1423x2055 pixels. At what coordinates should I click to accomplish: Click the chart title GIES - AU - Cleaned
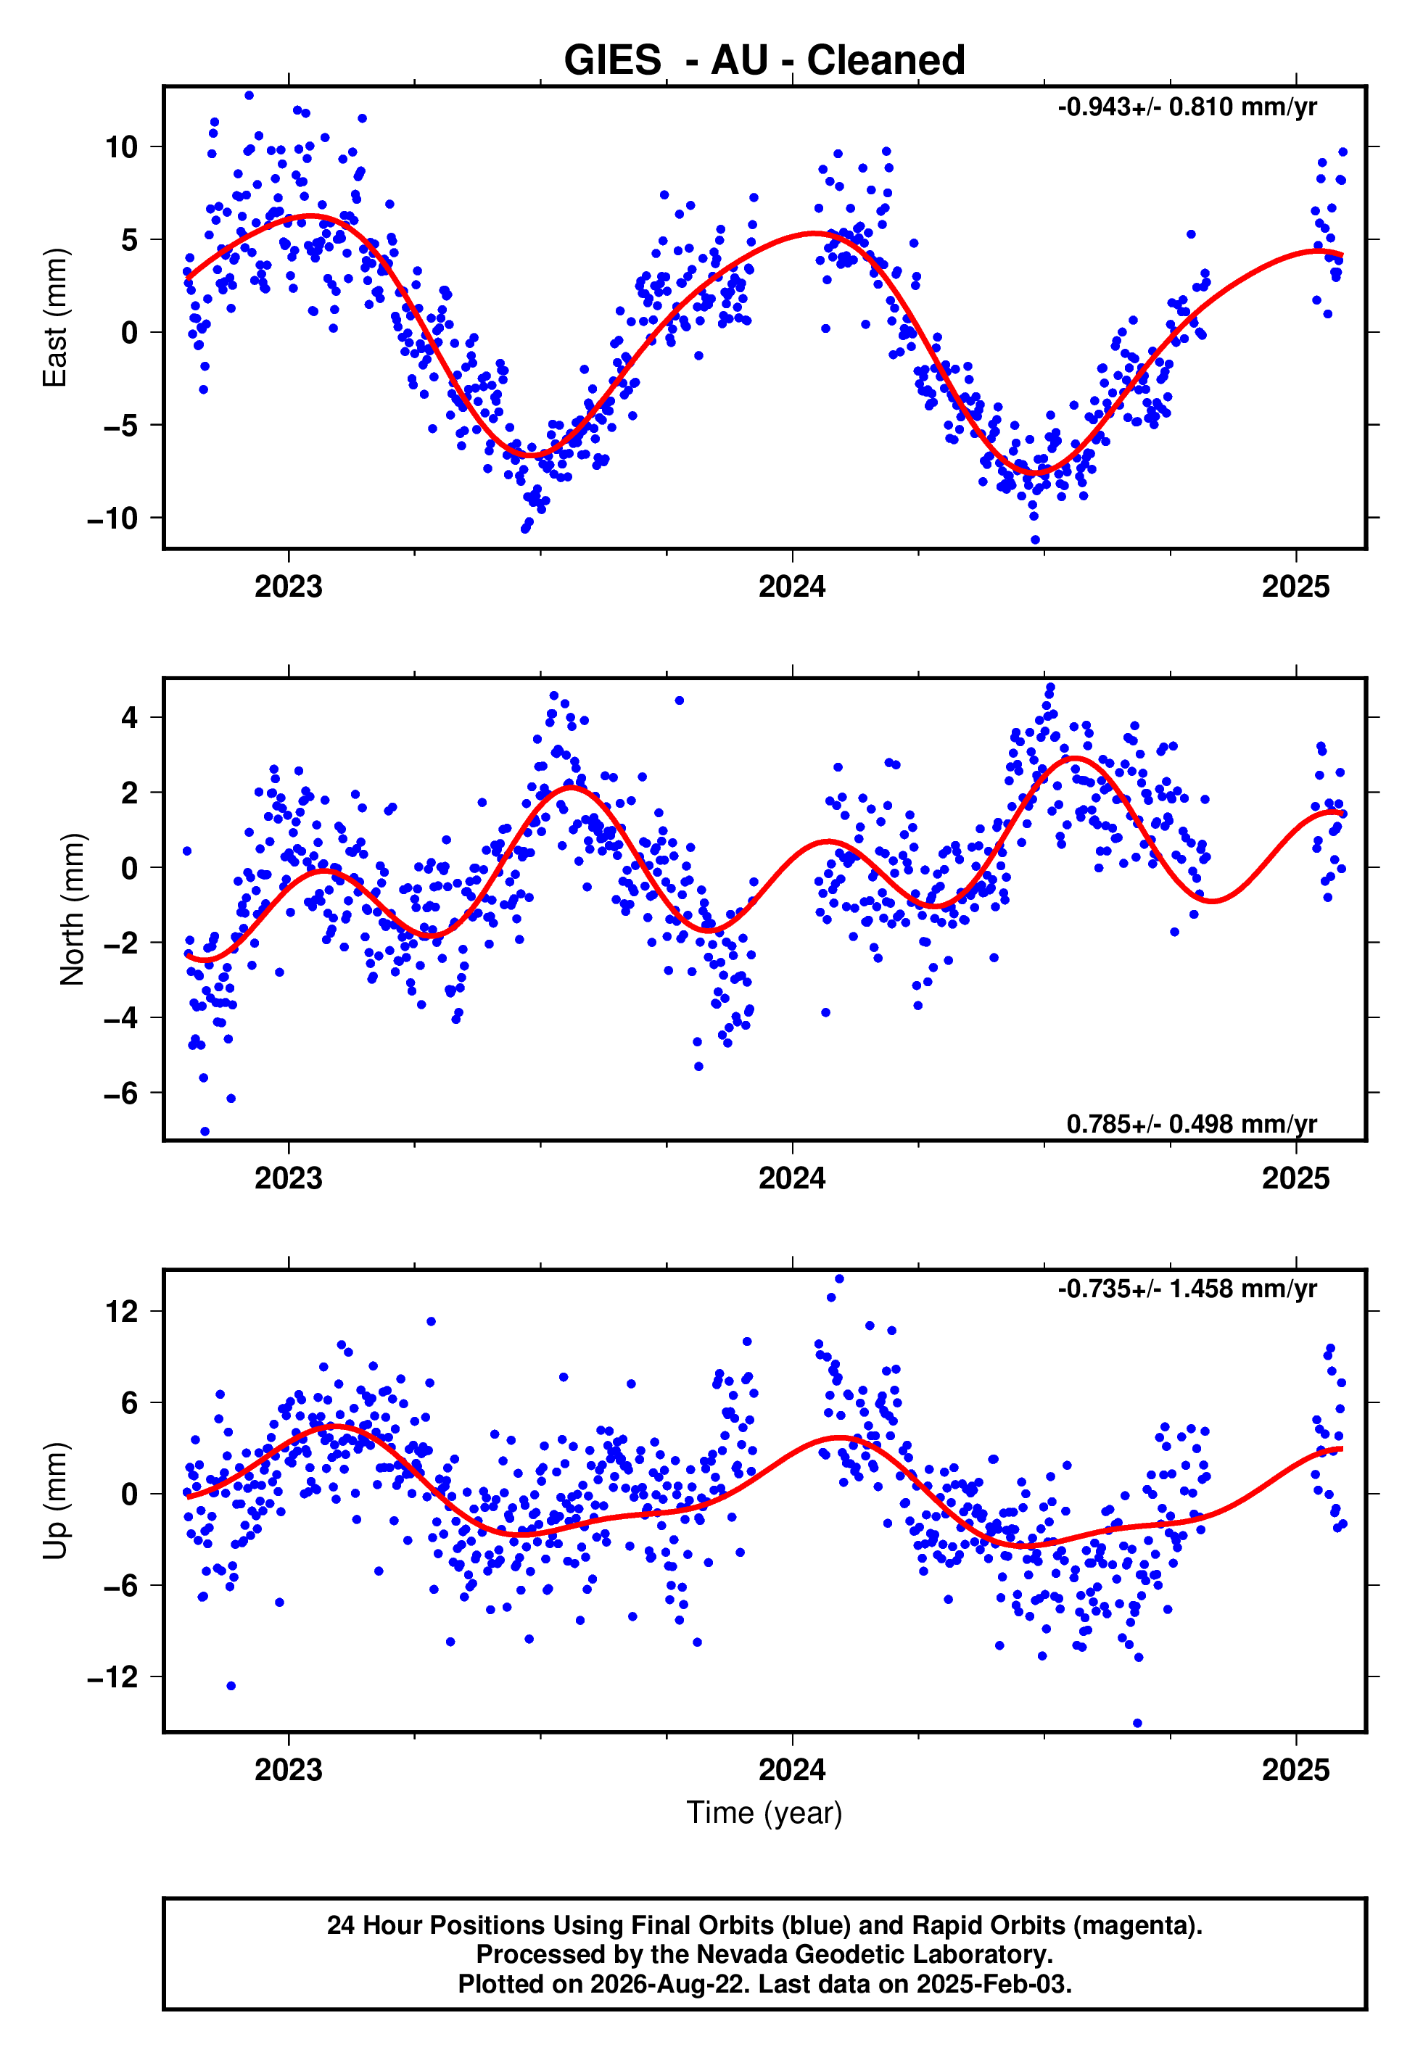tap(764, 61)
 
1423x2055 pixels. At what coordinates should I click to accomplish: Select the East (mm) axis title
tap(55, 318)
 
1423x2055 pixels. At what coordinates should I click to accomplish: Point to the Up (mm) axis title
tap(55, 1501)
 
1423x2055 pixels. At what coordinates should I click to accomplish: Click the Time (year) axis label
tap(764, 1814)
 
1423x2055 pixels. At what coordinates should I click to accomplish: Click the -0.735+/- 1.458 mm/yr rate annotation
tap(1187, 1289)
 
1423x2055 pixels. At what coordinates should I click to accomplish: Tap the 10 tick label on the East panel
tap(121, 147)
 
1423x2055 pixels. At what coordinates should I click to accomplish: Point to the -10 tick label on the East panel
tap(112, 518)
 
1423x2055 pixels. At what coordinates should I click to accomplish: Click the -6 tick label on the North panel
tap(121, 1093)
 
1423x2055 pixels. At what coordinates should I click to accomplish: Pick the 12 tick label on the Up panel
tap(121, 1311)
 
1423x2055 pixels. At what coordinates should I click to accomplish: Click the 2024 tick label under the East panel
tap(792, 587)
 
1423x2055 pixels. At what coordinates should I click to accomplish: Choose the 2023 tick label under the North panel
tap(288, 1178)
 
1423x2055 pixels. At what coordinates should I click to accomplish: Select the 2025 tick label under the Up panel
tap(1295, 1770)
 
